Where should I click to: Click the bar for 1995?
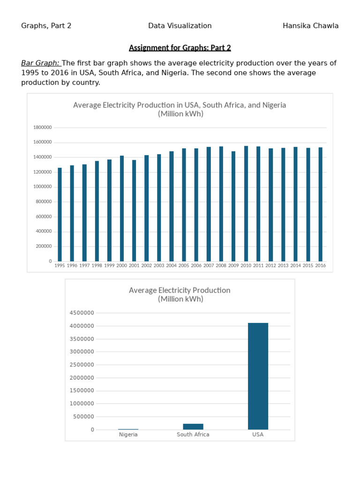[x=60, y=214]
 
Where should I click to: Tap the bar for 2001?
[x=134, y=210]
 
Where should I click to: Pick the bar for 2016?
[x=320, y=204]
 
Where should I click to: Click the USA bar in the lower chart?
[x=258, y=376]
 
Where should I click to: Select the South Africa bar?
[x=193, y=427]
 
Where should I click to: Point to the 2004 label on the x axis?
[x=172, y=265]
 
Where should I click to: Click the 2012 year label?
[x=270, y=265]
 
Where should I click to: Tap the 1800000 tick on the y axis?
[x=43, y=127]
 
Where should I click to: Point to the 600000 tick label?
[x=44, y=217]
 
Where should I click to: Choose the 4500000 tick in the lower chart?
[x=82, y=313]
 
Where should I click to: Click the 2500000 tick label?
[x=82, y=365]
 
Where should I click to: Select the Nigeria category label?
[x=128, y=435]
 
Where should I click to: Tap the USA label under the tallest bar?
[x=258, y=435]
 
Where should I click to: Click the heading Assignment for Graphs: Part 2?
[x=180, y=48]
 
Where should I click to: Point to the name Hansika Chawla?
[x=311, y=26]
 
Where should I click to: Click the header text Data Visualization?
[x=180, y=26]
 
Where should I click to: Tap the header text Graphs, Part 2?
[x=46, y=26]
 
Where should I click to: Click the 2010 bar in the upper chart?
[x=246, y=203]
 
